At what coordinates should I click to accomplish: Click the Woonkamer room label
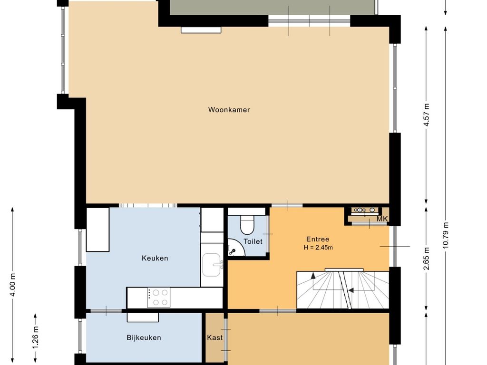(x=229, y=110)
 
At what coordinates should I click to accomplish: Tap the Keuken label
(x=155, y=258)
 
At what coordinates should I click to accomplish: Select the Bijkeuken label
(x=144, y=338)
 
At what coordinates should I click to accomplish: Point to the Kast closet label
(x=214, y=337)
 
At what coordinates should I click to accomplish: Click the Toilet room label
(x=253, y=241)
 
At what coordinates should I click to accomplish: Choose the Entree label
(x=318, y=240)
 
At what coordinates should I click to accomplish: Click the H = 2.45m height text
(x=318, y=248)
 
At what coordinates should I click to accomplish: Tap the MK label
(x=382, y=219)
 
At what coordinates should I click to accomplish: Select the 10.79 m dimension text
(x=446, y=235)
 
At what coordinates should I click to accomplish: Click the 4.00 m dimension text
(x=13, y=285)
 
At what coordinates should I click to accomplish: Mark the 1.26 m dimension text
(x=35, y=337)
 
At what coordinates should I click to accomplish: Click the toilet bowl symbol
(x=247, y=224)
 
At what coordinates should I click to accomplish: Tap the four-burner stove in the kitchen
(x=159, y=298)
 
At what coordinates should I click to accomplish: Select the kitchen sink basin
(x=212, y=265)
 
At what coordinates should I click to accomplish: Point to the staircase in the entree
(x=343, y=290)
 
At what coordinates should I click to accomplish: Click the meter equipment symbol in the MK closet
(x=365, y=211)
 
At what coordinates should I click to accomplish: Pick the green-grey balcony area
(x=272, y=7)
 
